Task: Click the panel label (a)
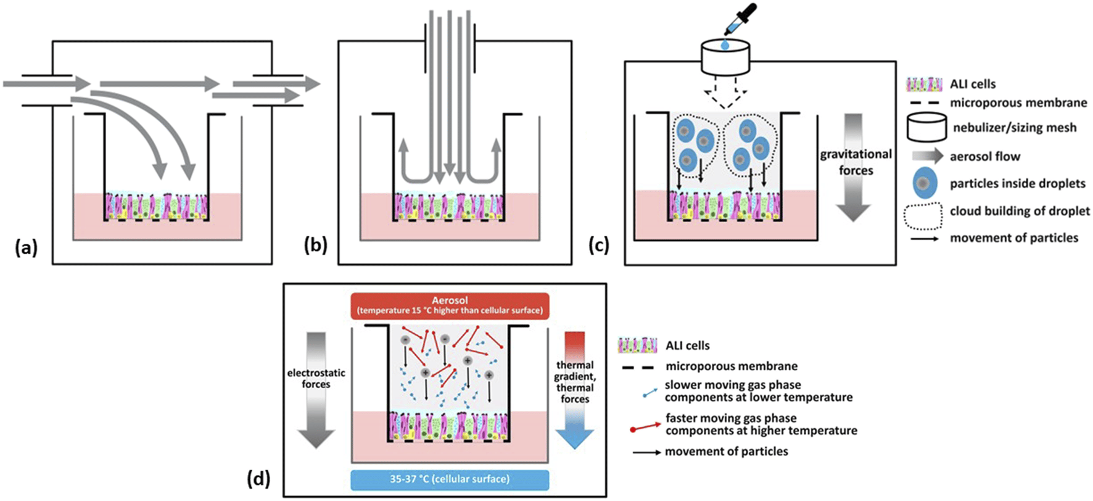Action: tap(26, 248)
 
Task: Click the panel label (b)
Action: tap(316, 245)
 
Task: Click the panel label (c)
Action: tap(600, 245)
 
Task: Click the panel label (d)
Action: tap(259, 479)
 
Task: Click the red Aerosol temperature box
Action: tap(450, 305)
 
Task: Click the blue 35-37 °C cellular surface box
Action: tap(450, 479)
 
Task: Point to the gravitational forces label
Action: tap(856, 162)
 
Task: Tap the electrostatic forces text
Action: tap(316, 378)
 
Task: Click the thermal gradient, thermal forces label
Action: tap(575, 382)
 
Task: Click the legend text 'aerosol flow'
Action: tap(984, 157)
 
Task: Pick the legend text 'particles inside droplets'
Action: tap(1017, 184)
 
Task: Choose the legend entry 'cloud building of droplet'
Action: tap(1020, 211)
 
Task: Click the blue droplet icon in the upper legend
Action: tap(923, 184)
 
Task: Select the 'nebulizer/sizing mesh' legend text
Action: tap(1014, 128)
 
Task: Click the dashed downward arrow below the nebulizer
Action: tap(725, 89)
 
